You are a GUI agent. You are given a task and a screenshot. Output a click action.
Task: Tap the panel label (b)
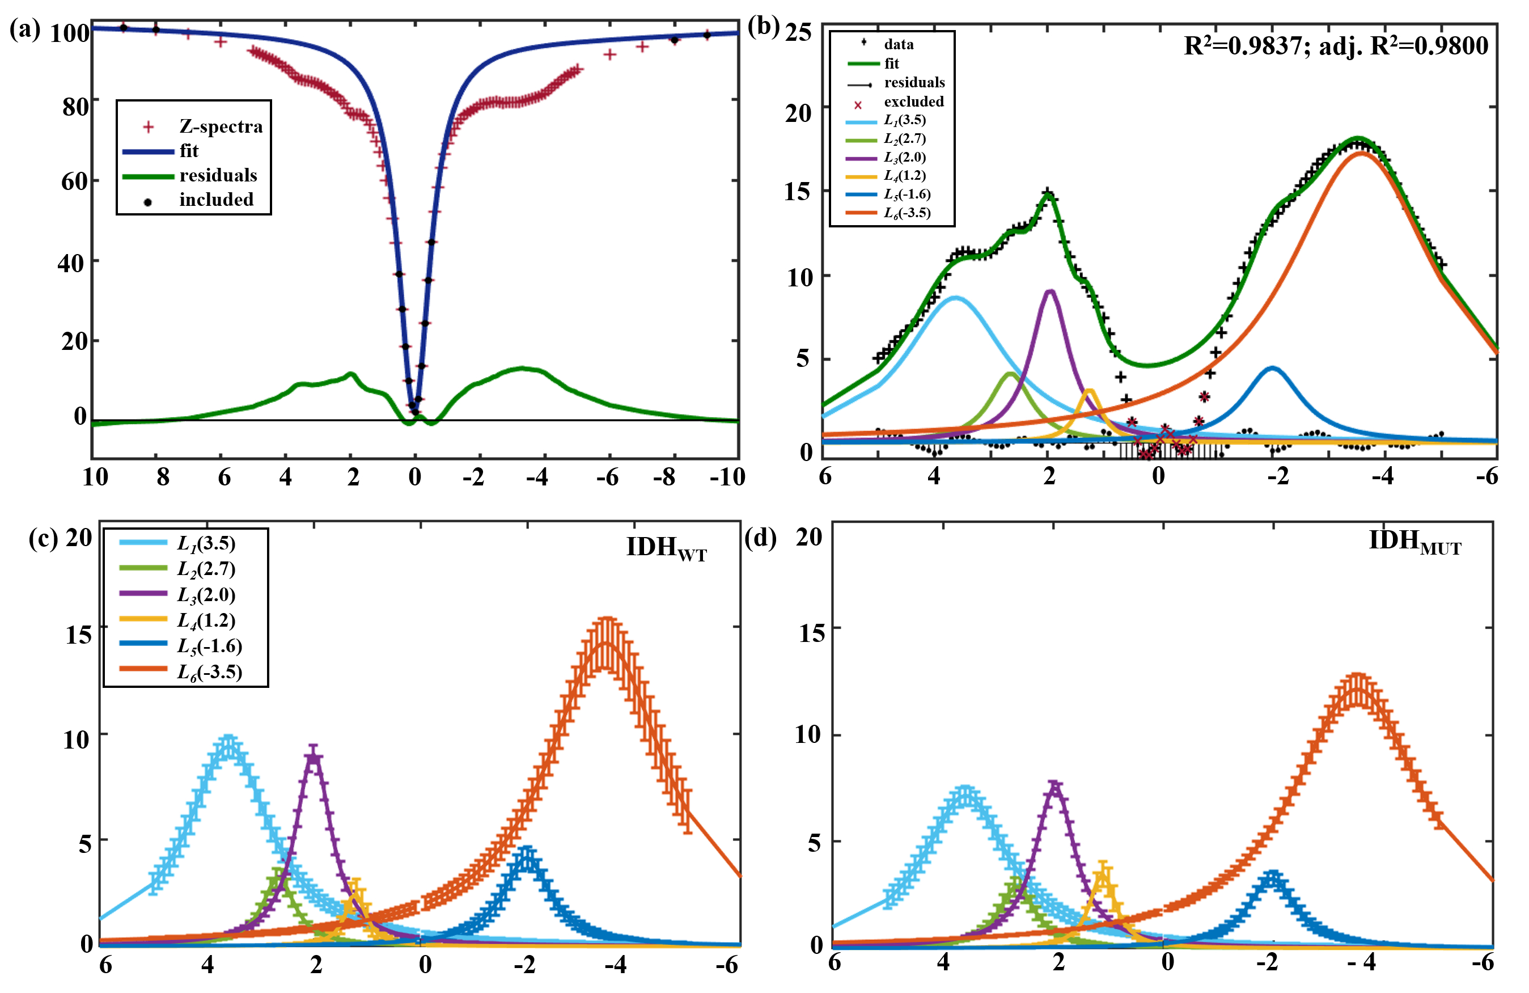click(x=763, y=27)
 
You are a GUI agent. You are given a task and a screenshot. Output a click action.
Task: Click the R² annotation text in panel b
click(x=1336, y=45)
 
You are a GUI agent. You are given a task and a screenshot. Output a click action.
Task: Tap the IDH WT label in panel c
click(x=666, y=548)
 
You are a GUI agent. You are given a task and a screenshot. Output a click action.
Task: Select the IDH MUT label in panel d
click(x=1415, y=542)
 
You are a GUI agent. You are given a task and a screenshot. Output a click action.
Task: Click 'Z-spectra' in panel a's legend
click(x=221, y=126)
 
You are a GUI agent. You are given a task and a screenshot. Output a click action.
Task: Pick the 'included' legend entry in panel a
click(x=216, y=200)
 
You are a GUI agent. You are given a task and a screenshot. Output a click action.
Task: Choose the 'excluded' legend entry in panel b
click(x=913, y=102)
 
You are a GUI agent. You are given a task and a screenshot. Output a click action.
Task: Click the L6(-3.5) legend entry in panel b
click(x=907, y=213)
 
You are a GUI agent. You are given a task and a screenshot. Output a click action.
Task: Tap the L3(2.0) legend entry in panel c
click(x=206, y=594)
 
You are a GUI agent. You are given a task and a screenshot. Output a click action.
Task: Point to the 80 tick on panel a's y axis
click(x=76, y=107)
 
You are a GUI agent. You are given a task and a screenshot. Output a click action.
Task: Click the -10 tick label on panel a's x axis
click(x=727, y=477)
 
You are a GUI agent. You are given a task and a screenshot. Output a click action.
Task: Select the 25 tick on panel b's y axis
click(x=798, y=32)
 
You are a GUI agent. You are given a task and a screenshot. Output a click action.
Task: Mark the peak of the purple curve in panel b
click(x=1051, y=291)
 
